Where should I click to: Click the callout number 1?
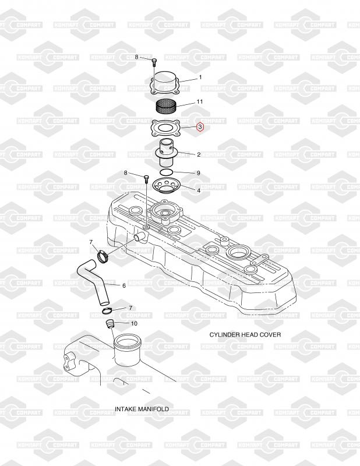(x=200, y=77)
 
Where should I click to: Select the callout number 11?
(x=200, y=102)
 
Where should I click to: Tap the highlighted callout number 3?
(x=200, y=126)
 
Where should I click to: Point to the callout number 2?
(x=199, y=154)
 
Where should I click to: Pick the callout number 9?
(x=198, y=173)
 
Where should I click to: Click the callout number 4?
(x=199, y=190)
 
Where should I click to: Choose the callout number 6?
(x=123, y=285)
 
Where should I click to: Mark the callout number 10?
(x=134, y=323)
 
